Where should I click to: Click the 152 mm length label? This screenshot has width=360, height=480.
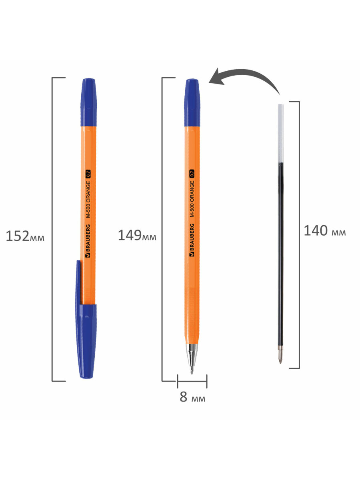(x=25, y=236)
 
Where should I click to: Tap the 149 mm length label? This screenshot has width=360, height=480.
(x=137, y=236)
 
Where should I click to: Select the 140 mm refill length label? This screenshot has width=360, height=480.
(x=325, y=230)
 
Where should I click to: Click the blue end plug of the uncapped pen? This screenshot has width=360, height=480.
(x=192, y=102)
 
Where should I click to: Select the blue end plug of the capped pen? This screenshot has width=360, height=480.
(x=88, y=102)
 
